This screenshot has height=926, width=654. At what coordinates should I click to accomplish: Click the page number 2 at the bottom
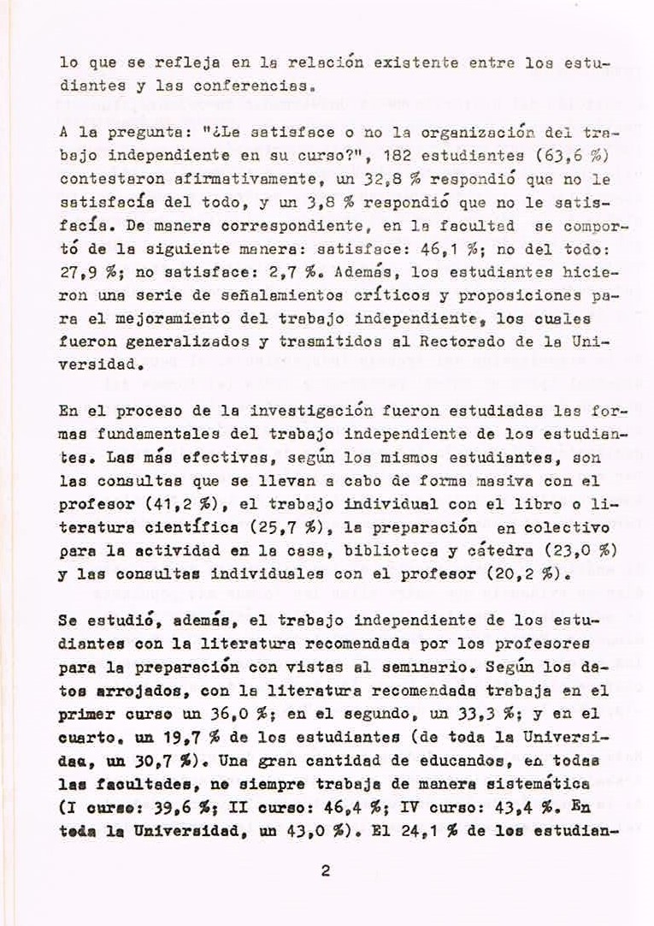pyautogui.click(x=325, y=872)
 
